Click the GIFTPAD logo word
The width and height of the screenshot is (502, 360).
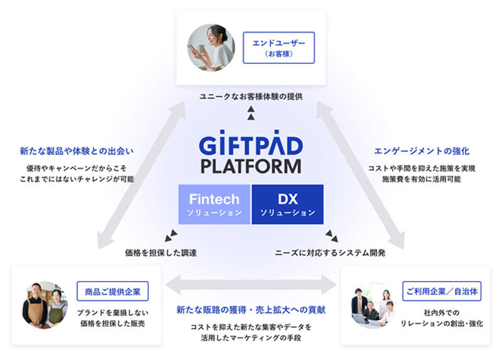(251, 146)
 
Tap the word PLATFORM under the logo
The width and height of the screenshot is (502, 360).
(251, 166)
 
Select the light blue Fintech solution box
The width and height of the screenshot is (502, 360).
(214, 204)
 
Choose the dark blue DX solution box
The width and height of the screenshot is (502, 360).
(287, 204)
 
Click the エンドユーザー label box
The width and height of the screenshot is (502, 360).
(278, 48)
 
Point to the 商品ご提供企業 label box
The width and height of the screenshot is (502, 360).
(113, 291)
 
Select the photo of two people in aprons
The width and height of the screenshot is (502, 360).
(45, 304)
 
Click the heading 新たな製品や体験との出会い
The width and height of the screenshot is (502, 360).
(77, 151)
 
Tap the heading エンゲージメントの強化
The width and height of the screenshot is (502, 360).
(422, 151)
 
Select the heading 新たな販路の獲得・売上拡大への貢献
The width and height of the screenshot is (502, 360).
(251, 310)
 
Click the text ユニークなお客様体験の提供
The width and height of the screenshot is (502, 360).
(251, 97)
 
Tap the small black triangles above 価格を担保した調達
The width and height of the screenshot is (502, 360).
(171, 236)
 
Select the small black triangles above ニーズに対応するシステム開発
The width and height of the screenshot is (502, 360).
(331, 236)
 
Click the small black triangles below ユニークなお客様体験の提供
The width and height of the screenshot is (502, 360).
(251, 112)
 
